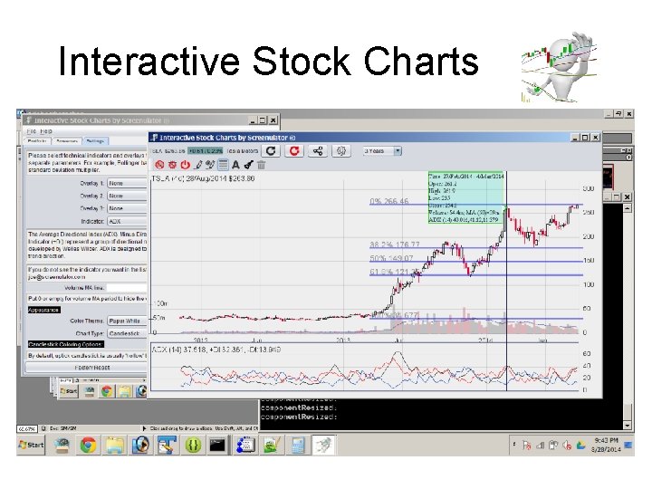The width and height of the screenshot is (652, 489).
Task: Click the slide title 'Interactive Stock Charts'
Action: click(268, 62)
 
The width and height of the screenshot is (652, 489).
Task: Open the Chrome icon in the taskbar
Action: click(88, 445)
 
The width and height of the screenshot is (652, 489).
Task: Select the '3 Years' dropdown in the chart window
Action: click(380, 151)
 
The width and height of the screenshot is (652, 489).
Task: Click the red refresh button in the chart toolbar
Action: click(293, 151)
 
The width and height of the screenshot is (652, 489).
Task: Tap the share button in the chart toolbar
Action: click(319, 151)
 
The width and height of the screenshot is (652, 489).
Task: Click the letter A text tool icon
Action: click(235, 165)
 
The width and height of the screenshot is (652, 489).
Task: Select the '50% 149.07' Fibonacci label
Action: click(391, 258)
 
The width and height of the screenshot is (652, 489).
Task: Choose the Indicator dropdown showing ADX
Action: click(127, 221)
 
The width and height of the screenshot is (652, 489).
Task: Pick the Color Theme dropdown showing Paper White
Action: click(127, 321)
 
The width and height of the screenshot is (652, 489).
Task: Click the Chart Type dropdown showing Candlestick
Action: click(127, 333)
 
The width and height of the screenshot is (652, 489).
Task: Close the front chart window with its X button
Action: click(594, 137)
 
